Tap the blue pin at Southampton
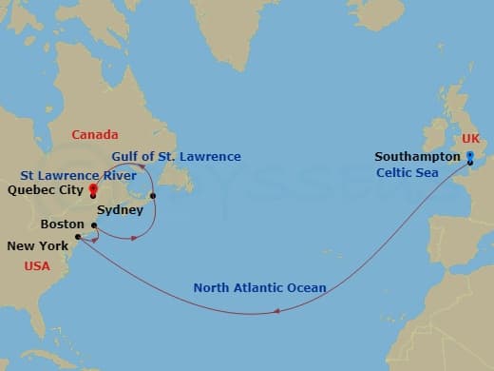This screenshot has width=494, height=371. (x=469, y=159)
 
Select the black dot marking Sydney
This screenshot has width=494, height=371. (x=153, y=196)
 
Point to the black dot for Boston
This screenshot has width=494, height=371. (x=93, y=225)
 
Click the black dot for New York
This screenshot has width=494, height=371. (x=77, y=251)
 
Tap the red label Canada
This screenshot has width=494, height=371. (x=95, y=135)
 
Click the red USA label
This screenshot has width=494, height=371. (x=37, y=266)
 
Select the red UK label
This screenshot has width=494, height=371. (x=469, y=140)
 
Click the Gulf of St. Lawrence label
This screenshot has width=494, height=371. (x=176, y=156)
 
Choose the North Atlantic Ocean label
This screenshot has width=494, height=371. (x=259, y=287)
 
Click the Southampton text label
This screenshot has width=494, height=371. (x=417, y=157)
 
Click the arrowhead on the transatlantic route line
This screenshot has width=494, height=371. (x=275, y=309)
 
